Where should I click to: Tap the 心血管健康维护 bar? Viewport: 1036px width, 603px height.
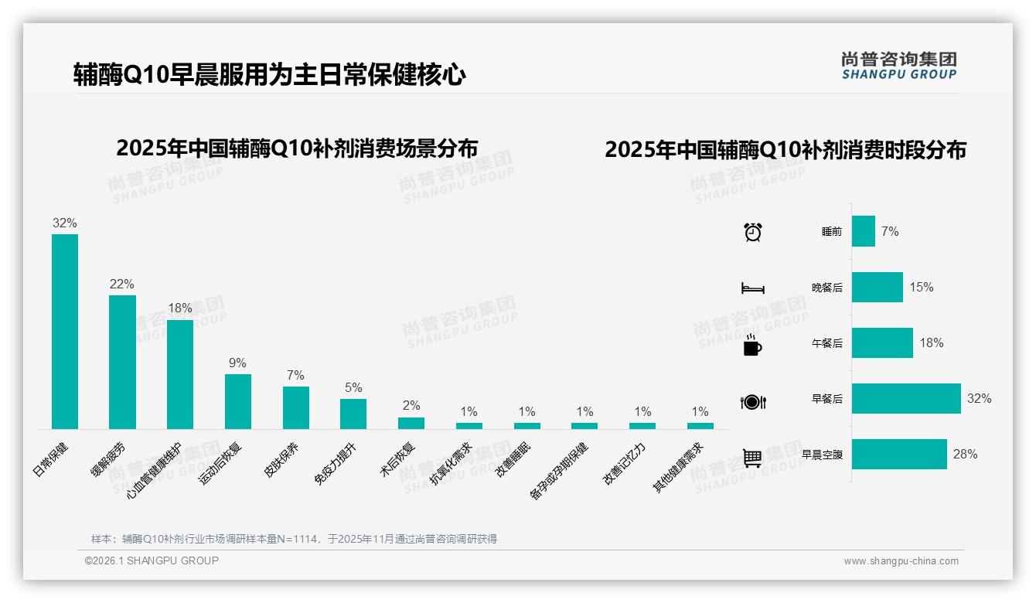click(180, 374)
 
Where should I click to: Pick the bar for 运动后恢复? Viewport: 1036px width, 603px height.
click(238, 401)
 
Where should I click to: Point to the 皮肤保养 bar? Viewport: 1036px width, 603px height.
click(296, 407)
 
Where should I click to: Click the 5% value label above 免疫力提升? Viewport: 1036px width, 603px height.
click(353, 388)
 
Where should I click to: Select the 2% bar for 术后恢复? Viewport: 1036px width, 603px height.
click(411, 423)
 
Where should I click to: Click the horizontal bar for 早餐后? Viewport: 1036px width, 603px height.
click(906, 399)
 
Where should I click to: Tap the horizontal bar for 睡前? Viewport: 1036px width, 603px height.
click(864, 231)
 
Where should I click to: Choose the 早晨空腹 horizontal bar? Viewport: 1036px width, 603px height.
click(899, 455)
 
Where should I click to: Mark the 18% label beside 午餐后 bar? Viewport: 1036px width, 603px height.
click(932, 343)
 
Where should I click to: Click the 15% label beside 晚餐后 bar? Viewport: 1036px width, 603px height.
click(922, 288)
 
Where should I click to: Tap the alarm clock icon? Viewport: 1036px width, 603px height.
click(753, 232)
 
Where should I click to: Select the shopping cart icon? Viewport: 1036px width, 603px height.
click(752, 458)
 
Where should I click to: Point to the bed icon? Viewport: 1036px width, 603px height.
click(752, 288)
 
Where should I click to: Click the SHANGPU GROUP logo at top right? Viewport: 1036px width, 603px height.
click(899, 66)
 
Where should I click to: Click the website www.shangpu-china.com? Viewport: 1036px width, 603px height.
click(901, 561)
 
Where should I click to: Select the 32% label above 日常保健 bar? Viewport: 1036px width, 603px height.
click(65, 223)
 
